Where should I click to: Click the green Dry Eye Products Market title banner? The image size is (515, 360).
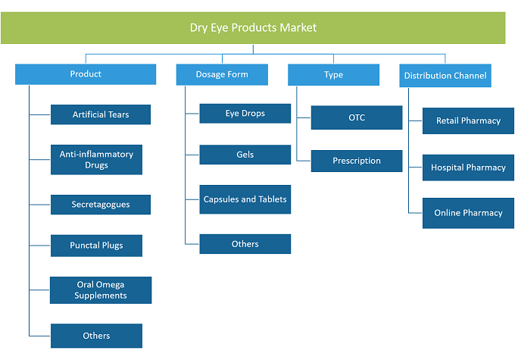(x=253, y=28)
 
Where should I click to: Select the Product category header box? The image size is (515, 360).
(x=86, y=74)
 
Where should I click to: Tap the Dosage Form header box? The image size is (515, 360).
(x=222, y=74)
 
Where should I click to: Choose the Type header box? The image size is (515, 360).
(x=333, y=75)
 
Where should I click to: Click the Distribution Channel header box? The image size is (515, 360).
(x=445, y=76)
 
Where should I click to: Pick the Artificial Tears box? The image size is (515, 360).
(x=101, y=114)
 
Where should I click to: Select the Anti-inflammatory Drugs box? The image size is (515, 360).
(x=96, y=160)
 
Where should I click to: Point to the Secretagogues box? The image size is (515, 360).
(x=101, y=205)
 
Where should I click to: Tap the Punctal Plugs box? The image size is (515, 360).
(x=96, y=246)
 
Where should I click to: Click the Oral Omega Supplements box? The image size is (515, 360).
(x=101, y=290)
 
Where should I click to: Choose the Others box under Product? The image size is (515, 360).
(x=96, y=336)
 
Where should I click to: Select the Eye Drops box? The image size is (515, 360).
(x=245, y=114)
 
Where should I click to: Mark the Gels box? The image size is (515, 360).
(x=245, y=155)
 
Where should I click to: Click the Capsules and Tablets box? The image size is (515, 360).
(x=245, y=199)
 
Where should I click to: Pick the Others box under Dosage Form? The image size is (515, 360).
(x=245, y=244)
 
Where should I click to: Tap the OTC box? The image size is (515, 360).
(x=357, y=117)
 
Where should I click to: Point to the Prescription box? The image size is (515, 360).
(x=357, y=161)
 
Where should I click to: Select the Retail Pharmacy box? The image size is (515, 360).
(x=468, y=121)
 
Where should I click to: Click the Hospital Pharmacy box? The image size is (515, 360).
(x=468, y=167)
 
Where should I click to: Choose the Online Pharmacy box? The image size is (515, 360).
(x=468, y=213)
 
